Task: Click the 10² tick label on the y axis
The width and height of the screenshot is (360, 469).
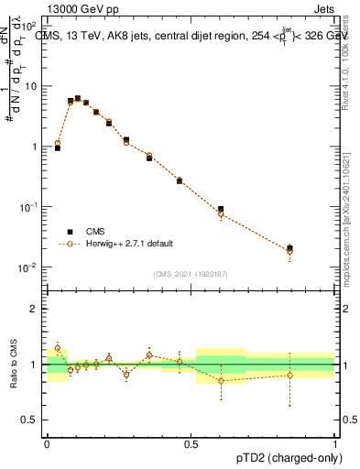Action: (32, 25)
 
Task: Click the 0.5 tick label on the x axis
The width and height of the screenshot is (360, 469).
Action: (191, 443)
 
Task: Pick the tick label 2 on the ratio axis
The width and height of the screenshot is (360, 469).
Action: (35, 309)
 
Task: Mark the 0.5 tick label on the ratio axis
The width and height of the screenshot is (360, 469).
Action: (32, 420)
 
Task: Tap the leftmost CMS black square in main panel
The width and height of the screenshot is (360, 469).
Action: (58, 147)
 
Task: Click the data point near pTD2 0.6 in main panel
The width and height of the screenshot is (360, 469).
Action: (221, 210)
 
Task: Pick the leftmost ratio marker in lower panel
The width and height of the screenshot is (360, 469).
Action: (58, 348)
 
